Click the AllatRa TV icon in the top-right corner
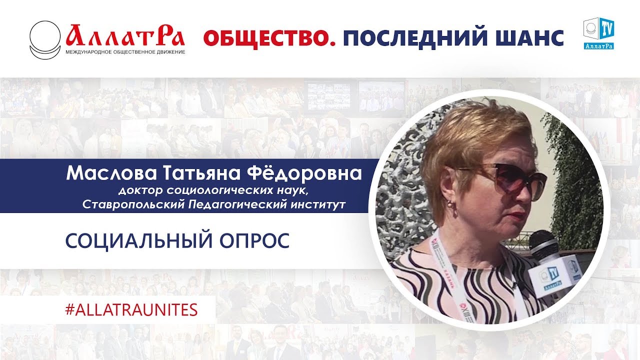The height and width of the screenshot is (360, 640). coord(598,33)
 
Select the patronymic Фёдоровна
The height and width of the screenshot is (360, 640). coord(308,173)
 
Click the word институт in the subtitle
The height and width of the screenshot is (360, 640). coord(315,204)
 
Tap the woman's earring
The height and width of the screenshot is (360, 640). coord(452,206)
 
